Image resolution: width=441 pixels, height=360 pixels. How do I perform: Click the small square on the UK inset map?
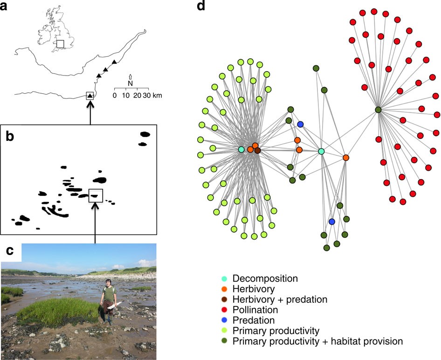[x=60, y=43]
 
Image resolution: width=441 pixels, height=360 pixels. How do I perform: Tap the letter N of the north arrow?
[x=131, y=83]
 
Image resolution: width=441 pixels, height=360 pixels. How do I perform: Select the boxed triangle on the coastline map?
[x=90, y=96]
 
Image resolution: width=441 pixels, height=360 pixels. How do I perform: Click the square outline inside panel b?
[x=96, y=195]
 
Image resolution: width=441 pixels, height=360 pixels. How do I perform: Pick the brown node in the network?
[x=257, y=150]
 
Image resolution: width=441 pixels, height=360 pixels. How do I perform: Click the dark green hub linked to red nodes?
[x=378, y=110]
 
